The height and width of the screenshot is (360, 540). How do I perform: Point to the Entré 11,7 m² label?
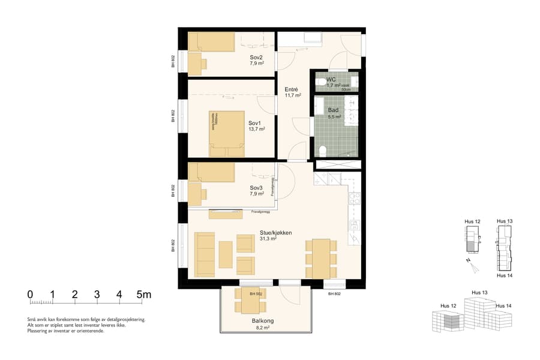(292, 92)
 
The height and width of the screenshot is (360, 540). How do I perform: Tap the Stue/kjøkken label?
(275, 235)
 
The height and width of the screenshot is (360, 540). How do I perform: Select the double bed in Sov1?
(227, 134)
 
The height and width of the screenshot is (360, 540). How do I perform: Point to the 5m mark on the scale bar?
(143, 295)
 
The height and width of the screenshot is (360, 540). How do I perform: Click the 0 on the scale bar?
(30, 295)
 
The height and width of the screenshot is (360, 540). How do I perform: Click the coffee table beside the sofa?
(226, 254)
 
